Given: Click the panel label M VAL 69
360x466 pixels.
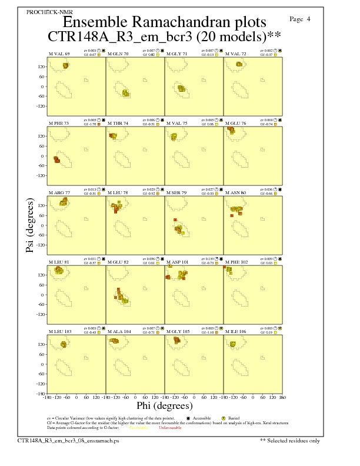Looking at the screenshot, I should (x=59, y=54).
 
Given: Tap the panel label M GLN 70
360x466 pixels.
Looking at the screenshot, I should (x=118, y=54).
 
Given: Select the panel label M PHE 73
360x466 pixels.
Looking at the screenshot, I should (x=59, y=123).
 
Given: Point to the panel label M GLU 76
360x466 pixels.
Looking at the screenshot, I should (x=236, y=123).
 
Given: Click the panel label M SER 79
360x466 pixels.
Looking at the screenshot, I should (x=178, y=192).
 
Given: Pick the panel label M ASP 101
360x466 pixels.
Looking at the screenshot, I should (x=179, y=262).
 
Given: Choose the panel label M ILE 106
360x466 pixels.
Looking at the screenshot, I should (x=236, y=331).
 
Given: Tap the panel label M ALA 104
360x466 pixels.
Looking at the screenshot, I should (x=119, y=331).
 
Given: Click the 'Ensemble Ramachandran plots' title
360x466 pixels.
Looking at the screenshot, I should (x=164, y=22).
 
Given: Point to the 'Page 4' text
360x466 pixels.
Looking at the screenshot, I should (x=301, y=19).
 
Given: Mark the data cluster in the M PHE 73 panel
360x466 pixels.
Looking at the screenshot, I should (x=56, y=159).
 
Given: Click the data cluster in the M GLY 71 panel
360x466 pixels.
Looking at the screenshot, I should (x=181, y=89).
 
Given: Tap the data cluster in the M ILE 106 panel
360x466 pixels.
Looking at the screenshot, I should (x=233, y=344).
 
